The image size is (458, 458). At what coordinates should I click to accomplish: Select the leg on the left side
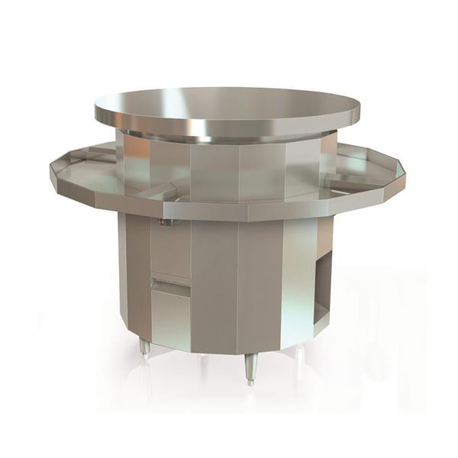pyautogui.click(x=144, y=348)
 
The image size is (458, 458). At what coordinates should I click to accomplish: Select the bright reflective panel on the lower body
pyautogui.click(x=298, y=282)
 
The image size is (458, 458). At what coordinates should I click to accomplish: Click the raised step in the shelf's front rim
pyautogui.click(x=164, y=206)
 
